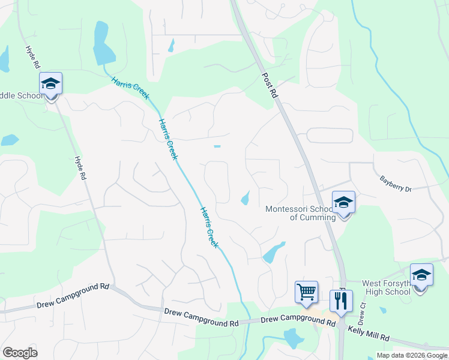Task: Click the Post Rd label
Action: (x=270, y=86)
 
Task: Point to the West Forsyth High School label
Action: (x=386, y=287)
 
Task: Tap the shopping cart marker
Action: (x=306, y=292)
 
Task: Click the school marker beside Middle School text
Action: (x=51, y=84)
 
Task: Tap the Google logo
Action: (x=20, y=353)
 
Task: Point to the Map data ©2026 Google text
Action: (x=412, y=355)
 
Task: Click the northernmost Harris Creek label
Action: (x=130, y=88)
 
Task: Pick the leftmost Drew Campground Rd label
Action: (x=73, y=296)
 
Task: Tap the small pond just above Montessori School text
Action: (x=245, y=198)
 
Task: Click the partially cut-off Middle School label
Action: (x=22, y=95)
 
